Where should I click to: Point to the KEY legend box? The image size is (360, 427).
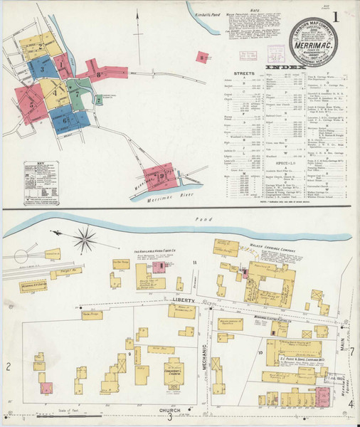pos(41,184)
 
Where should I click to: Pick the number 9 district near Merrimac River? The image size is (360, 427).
pos(162,175)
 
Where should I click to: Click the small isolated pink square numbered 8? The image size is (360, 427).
pos(203,56)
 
